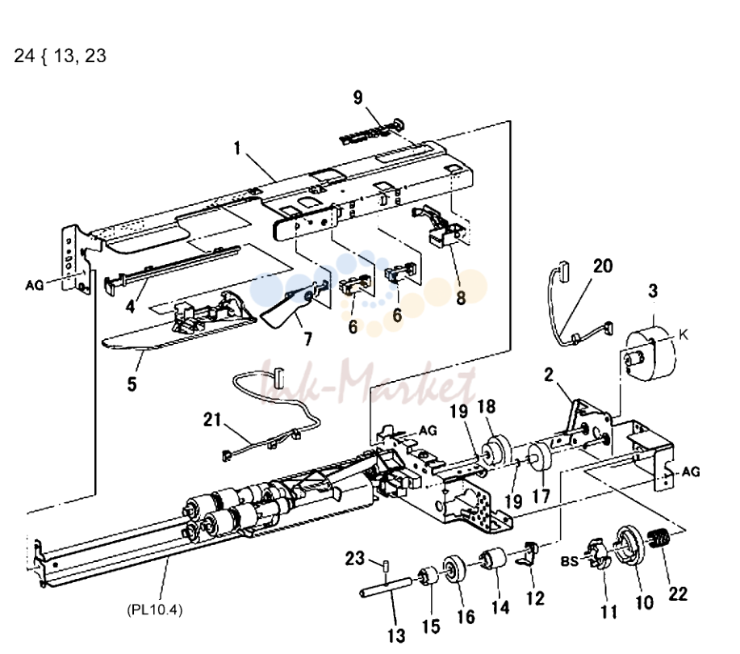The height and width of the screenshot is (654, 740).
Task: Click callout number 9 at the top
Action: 357,98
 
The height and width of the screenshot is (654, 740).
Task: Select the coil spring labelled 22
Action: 658,538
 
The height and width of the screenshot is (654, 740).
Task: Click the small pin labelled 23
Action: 385,564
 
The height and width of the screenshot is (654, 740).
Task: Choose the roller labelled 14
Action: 493,558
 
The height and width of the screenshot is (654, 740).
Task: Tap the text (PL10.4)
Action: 154,610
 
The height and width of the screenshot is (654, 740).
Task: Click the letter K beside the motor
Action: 683,335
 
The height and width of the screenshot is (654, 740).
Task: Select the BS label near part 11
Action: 569,560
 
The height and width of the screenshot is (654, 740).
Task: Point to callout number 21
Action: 212,419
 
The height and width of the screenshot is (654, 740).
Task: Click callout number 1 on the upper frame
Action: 237,149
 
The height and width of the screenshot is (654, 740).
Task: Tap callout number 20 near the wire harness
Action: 603,266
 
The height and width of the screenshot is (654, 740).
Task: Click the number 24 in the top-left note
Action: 24,56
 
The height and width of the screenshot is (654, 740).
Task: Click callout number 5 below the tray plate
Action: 132,384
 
